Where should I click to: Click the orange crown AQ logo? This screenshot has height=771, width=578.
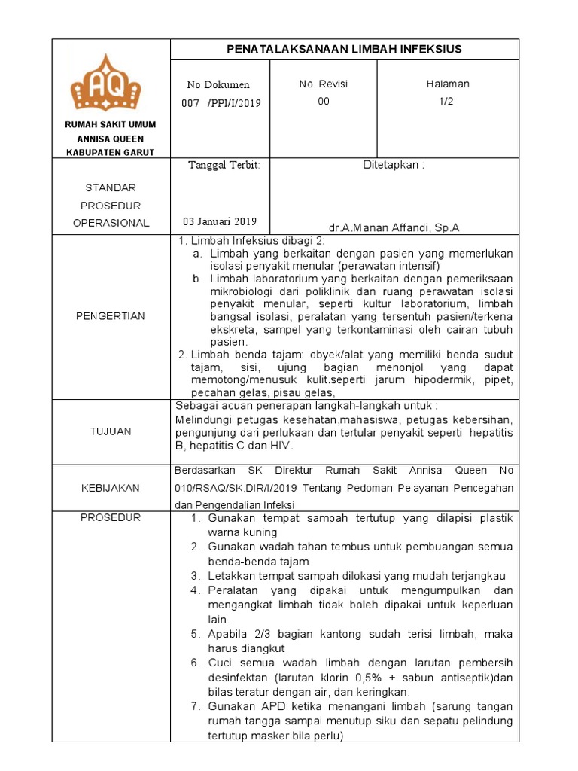111,83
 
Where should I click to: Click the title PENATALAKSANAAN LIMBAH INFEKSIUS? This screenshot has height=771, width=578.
344,50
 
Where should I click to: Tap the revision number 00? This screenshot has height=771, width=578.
324,102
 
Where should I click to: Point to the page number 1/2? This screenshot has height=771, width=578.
448,102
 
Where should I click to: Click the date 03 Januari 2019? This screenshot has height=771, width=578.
220,221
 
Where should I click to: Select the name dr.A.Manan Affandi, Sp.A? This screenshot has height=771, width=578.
394,227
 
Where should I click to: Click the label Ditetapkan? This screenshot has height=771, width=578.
394,166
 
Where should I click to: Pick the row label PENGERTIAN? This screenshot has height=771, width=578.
111,316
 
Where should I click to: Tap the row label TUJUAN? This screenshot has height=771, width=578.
111,431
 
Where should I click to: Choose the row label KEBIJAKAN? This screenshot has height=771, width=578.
111,488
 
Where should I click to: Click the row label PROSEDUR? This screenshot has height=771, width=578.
111,518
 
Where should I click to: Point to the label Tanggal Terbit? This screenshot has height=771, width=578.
224,166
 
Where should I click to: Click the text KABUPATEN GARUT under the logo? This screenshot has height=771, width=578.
111,152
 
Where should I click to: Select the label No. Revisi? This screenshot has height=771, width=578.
324,84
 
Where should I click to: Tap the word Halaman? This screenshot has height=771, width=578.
448,84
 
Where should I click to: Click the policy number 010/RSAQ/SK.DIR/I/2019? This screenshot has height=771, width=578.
228,488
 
